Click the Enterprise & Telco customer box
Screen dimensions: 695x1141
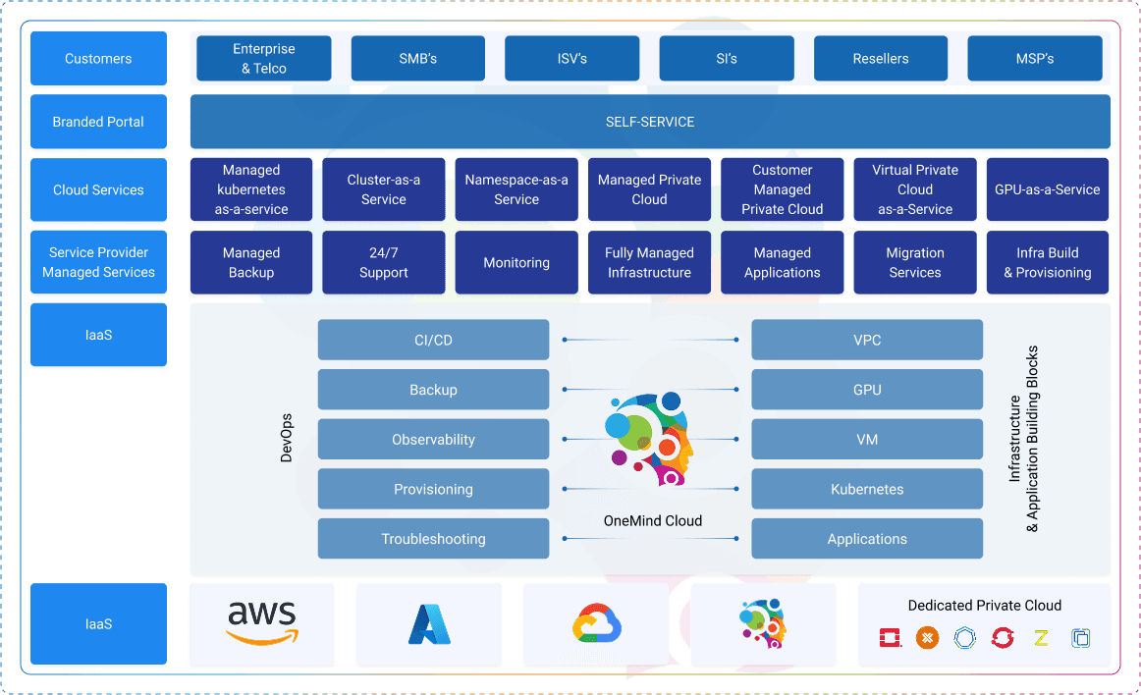pos(264,58)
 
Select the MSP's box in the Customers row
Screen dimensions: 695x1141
pos(1035,58)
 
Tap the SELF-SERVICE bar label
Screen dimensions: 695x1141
pos(649,122)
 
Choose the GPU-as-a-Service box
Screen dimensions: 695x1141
pos(1047,189)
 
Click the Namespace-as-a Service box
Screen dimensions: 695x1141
pos(516,189)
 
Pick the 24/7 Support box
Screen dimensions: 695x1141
pos(383,263)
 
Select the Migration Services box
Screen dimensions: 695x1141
pos(914,263)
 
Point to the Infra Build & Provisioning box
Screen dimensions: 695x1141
pos(1047,263)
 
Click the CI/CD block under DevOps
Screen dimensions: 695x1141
pos(433,340)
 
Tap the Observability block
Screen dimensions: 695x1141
pos(433,440)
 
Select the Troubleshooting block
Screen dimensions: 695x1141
pos(433,539)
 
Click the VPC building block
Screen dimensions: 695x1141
pos(867,340)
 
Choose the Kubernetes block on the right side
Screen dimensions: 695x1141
pos(867,489)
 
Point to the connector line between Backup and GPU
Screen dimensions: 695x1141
pos(650,390)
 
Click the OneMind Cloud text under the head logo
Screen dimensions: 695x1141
pos(653,520)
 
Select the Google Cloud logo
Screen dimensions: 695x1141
pos(596,624)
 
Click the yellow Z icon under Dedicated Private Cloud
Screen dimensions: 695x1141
pos(1041,638)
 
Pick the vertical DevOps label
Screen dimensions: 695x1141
pos(287,439)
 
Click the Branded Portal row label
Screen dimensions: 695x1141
pos(98,122)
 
